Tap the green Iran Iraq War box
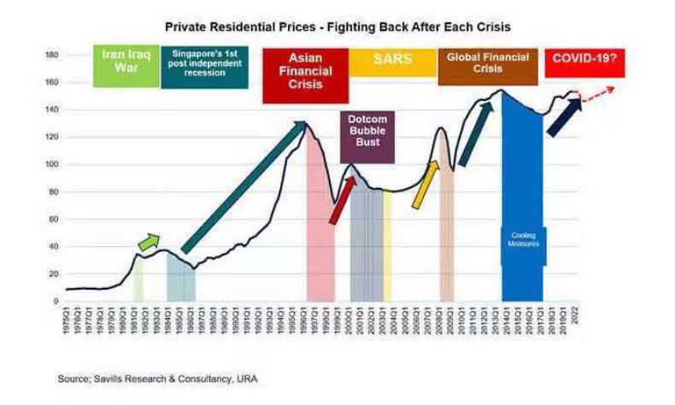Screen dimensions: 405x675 126,67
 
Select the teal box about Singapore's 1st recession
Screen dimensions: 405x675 204,67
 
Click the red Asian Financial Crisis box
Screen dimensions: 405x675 305,75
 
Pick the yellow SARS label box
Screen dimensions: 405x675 392,62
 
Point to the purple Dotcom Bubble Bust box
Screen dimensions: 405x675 367,136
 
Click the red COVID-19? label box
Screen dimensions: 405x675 584,62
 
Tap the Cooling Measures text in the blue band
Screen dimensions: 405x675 523,239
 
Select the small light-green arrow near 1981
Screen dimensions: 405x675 149,242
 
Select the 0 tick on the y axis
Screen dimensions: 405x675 55,301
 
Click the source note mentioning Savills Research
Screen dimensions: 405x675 157,378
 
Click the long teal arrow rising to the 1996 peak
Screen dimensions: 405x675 244,187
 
